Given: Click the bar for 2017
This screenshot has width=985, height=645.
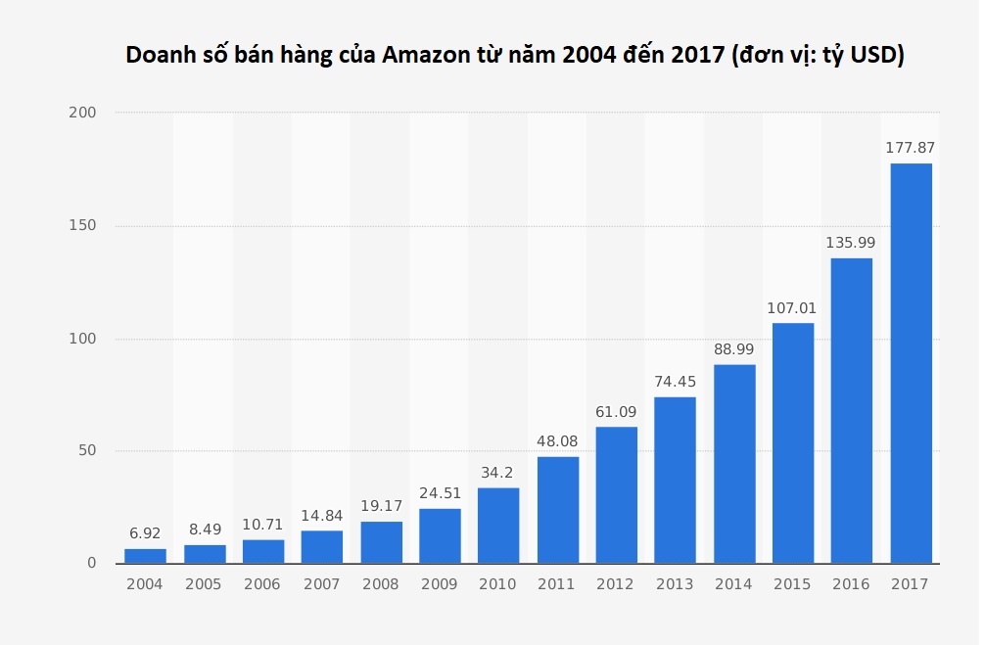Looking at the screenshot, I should [x=911, y=363].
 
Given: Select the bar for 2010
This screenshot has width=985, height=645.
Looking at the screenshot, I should [x=498, y=526].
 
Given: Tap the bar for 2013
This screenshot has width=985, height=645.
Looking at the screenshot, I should [x=675, y=480].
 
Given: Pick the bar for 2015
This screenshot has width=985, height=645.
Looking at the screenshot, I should [x=793, y=443].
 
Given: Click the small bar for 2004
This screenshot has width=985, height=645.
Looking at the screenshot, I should [x=145, y=556].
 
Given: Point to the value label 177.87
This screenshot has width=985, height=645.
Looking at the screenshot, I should [x=911, y=148].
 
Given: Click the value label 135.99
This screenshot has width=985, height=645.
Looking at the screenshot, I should [x=852, y=242].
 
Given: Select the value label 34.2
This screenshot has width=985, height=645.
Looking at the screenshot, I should [x=498, y=473].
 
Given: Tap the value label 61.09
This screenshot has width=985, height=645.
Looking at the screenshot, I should [x=616, y=411].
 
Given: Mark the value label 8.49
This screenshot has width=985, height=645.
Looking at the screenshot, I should [x=205, y=530].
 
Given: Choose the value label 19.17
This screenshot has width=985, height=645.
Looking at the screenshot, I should [x=381, y=506].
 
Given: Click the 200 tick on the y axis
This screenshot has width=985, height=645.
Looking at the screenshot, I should [x=82, y=114].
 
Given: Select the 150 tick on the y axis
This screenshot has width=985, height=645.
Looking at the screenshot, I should [x=82, y=226].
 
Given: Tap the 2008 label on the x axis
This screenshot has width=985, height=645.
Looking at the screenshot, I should [x=381, y=584].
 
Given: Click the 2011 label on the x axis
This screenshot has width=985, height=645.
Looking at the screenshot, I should [x=557, y=584].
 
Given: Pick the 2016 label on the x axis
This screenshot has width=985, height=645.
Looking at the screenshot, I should [x=852, y=584].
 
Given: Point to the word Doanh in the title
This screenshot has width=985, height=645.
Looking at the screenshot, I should [x=160, y=56].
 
